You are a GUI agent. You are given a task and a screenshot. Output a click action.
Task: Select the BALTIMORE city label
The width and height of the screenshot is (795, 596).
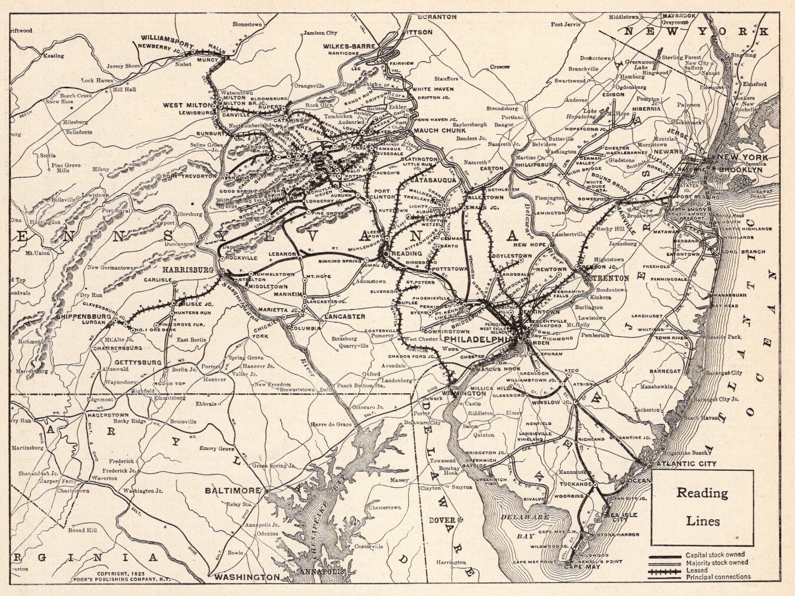[233, 490]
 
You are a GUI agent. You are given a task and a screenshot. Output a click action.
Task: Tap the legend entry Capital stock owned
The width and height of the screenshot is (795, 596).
[715, 555]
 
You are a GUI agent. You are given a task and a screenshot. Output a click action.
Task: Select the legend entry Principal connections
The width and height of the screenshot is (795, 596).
[718, 577]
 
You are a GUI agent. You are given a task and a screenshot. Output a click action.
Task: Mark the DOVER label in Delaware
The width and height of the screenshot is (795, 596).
[442, 520]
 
